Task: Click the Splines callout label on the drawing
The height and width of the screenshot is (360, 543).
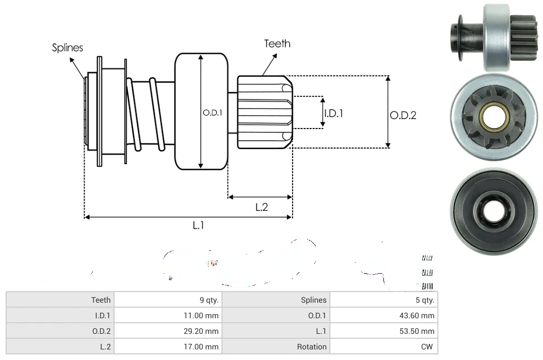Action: click(x=67, y=48)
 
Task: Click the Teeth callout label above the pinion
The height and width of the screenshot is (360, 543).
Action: click(x=277, y=43)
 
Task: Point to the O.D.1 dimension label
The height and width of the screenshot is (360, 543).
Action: click(x=213, y=112)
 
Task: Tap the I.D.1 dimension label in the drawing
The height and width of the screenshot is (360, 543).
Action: click(x=333, y=113)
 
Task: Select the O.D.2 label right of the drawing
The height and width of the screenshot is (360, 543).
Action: click(x=403, y=115)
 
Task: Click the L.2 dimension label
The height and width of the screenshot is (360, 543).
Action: click(x=261, y=207)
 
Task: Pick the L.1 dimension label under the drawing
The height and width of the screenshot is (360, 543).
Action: click(x=199, y=225)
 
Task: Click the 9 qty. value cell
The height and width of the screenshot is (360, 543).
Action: click(x=209, y=300)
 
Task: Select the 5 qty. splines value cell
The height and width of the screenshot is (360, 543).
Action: click(x=424, y=300)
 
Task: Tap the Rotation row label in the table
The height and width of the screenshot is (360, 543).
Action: click(x=312, y=347)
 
